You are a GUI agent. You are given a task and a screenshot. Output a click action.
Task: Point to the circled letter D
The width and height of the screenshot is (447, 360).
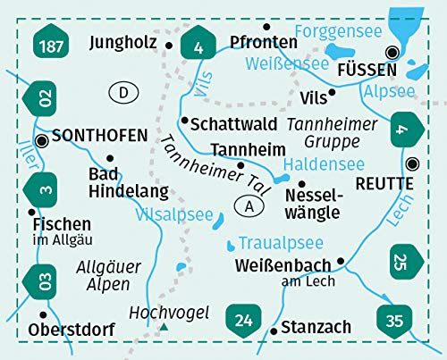tap(122, 91)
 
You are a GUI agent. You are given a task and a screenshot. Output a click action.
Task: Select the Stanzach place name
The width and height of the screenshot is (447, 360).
tap(316, 327)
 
